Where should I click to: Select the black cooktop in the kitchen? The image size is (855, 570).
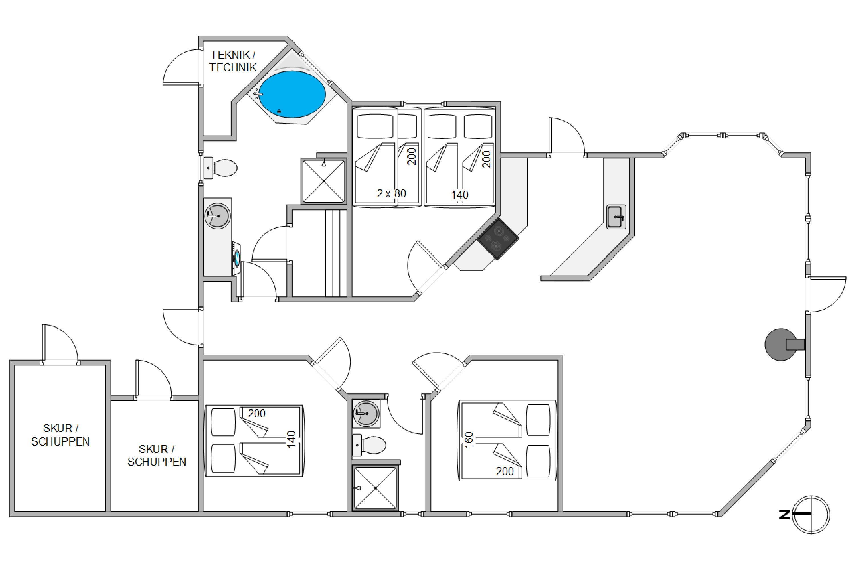click(x=498, y=239)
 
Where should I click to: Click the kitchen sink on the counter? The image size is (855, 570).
click(x=616, y=217)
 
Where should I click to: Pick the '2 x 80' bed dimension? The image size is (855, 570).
click(x=391, y=194)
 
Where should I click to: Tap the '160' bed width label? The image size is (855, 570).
click(x=469, y=440)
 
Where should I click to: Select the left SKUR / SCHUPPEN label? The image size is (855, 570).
click(x=60, y=435)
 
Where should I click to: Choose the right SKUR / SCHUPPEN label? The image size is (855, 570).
click(x=157, y=455)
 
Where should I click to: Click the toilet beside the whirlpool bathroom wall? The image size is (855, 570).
click(x=220, y=168)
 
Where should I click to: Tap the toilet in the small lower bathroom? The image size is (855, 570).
click(x=369, y=445)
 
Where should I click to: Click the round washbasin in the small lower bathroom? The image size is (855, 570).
click(x=366, y=413)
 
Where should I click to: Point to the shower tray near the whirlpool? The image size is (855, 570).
click(x=323, y=181)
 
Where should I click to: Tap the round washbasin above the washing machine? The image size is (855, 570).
click(x=217, y=215)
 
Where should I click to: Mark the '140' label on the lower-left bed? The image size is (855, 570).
click(x=291, y=439)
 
